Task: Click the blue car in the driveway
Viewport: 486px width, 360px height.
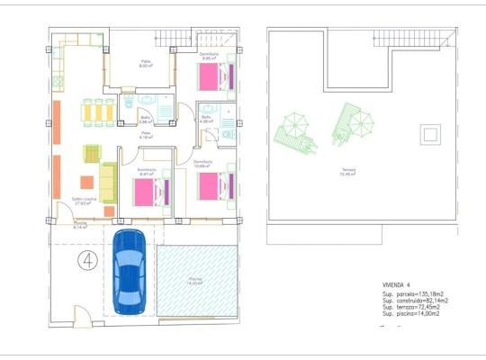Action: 130,269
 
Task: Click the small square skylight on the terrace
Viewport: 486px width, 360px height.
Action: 430,134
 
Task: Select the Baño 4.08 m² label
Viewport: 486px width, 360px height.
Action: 206,119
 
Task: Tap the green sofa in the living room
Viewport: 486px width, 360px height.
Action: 108,182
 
